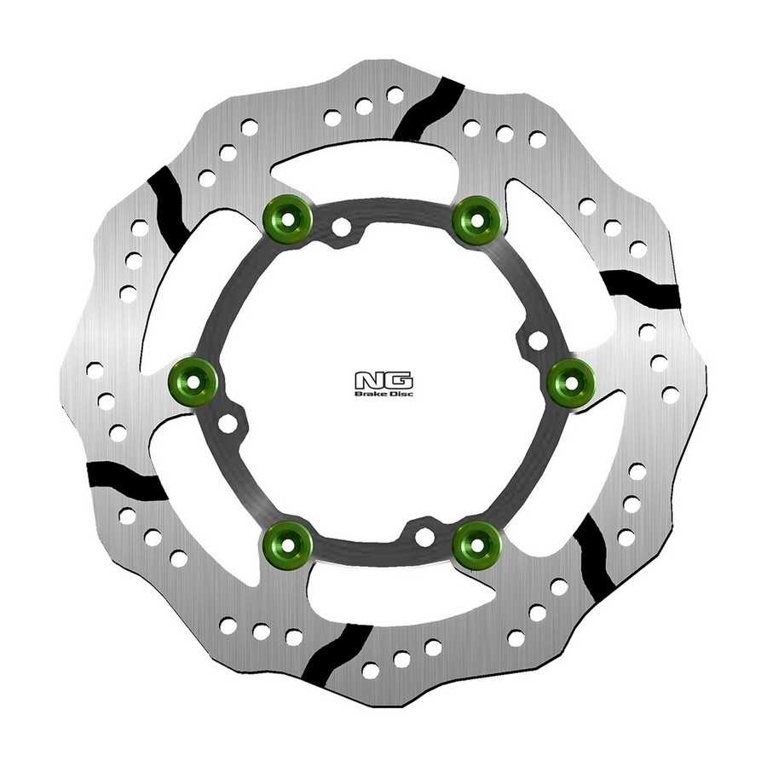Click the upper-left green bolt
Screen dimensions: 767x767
(288, 219)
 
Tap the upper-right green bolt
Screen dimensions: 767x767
(477, 219)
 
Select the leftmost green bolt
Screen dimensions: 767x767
(193, 382)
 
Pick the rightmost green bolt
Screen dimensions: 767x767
(571, 382)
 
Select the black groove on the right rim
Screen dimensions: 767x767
(640, 289)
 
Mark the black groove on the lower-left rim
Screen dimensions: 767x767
(126, 481)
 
